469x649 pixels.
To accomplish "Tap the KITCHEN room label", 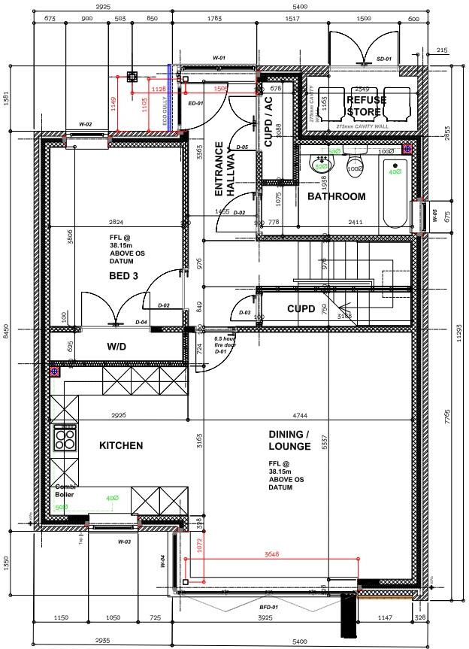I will point(120,446).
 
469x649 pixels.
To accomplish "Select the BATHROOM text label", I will point(336,197).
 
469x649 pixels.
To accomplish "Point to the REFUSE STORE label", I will point(366,106).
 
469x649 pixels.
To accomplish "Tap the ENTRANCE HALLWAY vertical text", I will point(225,169).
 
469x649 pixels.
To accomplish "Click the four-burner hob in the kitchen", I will point(65,438).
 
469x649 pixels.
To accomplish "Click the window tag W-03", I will point(124,541).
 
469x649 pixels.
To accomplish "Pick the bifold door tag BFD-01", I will point(269,605).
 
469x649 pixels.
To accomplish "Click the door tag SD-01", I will point(384,58).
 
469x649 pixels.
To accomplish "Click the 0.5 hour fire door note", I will point(225,344).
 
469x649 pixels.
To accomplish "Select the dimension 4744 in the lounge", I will point(302,415).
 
